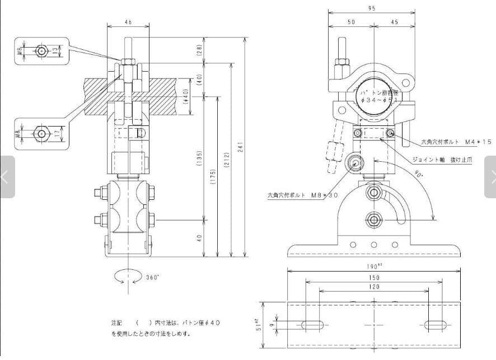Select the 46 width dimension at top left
point(128,21)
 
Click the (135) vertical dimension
point(199,159)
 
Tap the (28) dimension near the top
point(199,50)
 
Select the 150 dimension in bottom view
point(374,277)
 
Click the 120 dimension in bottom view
point(374,287)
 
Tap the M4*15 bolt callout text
point(456,142)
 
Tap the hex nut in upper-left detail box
point(41,52)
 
